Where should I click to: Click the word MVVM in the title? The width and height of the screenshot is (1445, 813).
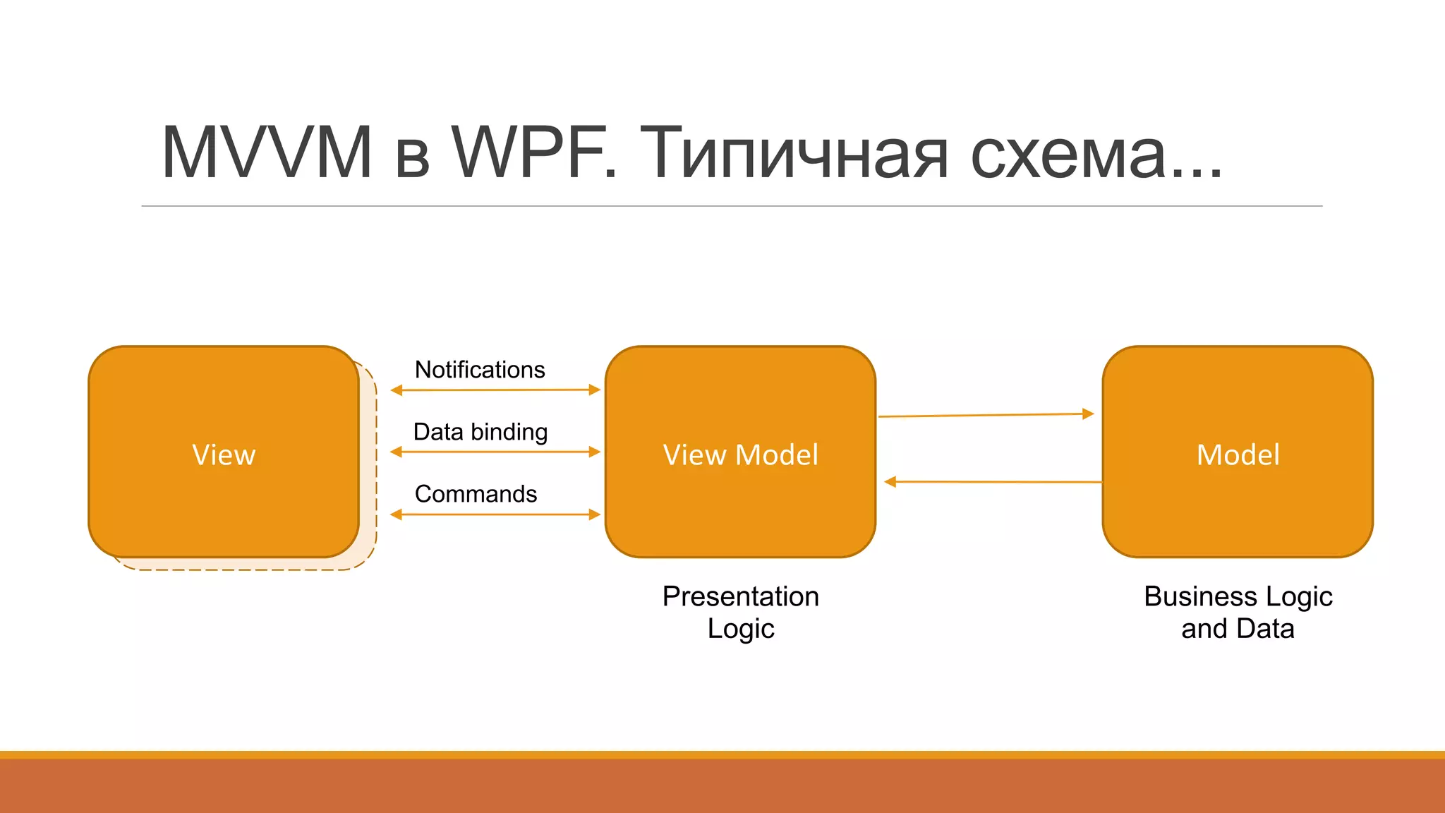point(267,152)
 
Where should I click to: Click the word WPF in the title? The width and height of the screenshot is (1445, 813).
point(534,152)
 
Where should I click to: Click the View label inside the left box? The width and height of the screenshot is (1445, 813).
point(224,454)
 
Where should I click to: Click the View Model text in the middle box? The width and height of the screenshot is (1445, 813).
point(740,454)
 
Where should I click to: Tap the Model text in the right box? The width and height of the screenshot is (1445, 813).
point(1238,454)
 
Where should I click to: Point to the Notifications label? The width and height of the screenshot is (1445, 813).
point(480,370)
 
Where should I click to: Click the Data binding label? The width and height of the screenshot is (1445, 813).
point(480,432)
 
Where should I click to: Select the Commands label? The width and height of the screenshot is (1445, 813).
point(476,494)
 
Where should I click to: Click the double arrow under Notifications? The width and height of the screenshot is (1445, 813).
point(495,390)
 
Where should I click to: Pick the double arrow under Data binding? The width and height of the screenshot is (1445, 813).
point(495,452)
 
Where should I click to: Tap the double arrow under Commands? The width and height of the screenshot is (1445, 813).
point(495,514)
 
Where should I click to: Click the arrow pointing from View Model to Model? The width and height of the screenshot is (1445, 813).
point(986,415)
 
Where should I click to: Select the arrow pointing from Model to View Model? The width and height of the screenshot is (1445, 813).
point(993,482)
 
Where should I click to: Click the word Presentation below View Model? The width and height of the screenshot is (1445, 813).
point(740,597)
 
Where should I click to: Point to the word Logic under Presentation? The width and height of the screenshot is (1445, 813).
point(740,629)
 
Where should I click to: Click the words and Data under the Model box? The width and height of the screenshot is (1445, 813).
point(1238,629)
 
